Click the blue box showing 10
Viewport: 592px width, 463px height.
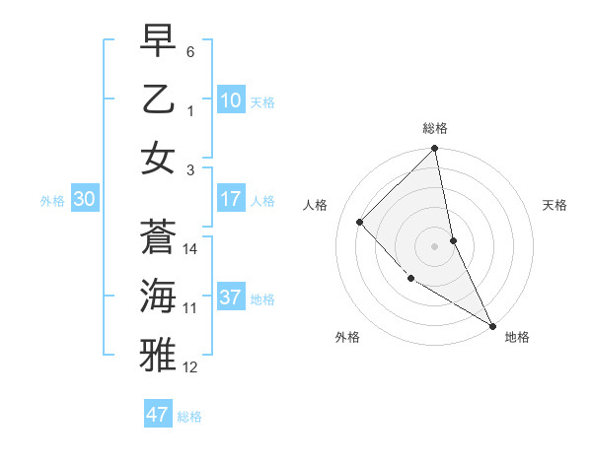(x=231, y=100)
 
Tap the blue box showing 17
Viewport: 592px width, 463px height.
(x=231, y=199)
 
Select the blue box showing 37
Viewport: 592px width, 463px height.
(x=231, y=298)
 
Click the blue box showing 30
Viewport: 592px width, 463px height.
(x=84, y=199)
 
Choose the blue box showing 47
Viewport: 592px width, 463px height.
(x=158, y=415)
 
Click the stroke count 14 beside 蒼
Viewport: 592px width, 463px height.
(x=190, y=249)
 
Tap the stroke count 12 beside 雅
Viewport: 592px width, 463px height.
(x=190, y=367)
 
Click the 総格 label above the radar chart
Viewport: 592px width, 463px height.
(x=435, y=128)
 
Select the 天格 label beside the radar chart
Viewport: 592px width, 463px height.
(x=555, y=205)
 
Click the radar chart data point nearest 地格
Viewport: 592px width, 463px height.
(x=492, y=325)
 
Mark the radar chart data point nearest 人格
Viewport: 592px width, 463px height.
(x=360, y=222)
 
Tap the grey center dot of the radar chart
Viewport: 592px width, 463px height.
(x=435, y=245)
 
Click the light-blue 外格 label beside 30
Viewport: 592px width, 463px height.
(x=52, y=201)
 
